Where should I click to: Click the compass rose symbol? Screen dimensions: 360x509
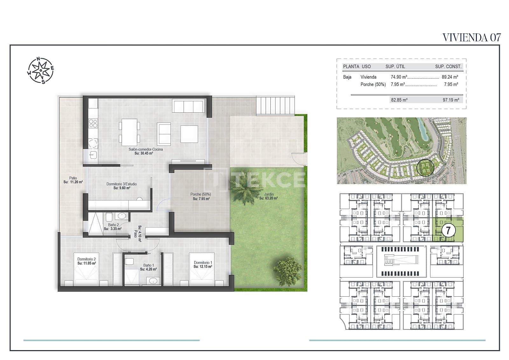click(x=40, y=70)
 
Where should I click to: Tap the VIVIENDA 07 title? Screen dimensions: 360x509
click(x=471, y=38)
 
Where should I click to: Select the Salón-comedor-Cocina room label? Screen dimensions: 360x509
click(x=146, y=149)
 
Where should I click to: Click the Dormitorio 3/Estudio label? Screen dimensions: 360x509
click(x=122, y=184)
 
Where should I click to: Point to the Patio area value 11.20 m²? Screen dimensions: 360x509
click(x=73, y=182)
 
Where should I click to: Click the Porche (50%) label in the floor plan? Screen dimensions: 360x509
click(x=200, y=194)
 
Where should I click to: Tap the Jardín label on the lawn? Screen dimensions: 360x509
click(x=268, y=194)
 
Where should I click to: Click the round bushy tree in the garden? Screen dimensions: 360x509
click(x=288, y=271)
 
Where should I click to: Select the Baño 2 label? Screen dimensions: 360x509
click(x=113, y=225)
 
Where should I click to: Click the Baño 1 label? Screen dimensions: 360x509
click(x=148, y=265)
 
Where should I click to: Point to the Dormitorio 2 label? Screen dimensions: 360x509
click(x=87, y=259)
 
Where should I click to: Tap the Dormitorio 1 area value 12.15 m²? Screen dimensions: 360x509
click(x=203, y=267)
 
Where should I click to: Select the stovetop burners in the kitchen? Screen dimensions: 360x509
click(x=93, y=124)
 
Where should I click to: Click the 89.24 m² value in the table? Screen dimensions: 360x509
click(x=450, y=77)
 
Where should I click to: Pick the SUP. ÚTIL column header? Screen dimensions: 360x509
click(x=395, y=67)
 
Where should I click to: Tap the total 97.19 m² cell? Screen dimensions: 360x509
click(x=451, y=100)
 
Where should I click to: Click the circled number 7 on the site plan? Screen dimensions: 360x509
click(x=448, y=230)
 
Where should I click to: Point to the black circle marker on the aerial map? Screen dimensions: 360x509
click(x=423, y=167)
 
